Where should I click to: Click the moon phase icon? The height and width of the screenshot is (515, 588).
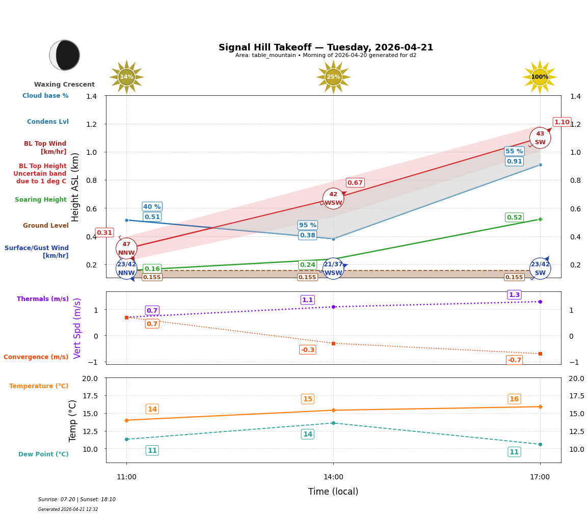65,55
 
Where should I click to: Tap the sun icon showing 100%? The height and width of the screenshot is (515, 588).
540,77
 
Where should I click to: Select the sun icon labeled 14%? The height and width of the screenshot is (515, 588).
126,77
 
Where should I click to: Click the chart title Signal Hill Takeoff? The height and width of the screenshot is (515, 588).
326,47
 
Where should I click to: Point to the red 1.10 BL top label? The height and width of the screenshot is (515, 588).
562,122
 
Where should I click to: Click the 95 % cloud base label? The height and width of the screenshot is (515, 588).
307,225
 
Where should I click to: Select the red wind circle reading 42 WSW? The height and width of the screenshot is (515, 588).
333,199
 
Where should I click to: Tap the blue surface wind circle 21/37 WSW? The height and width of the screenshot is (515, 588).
333,268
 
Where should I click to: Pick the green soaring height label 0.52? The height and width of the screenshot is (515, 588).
514,218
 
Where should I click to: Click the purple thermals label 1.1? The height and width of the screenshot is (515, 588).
307,300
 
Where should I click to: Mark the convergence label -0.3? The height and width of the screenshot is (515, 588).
307,350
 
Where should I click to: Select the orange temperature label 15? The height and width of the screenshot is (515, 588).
307,399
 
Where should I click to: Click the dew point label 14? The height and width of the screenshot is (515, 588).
307,434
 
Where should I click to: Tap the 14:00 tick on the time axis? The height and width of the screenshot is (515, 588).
333,477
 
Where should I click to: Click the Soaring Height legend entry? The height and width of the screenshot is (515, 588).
41,200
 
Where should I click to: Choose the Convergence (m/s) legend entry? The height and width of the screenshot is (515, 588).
36,357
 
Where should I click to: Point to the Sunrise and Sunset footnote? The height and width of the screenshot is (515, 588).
77,500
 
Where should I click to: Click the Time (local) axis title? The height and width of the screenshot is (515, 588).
333,492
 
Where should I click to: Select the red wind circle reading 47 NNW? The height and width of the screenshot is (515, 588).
126,248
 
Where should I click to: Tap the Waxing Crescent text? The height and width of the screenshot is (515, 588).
64,85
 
